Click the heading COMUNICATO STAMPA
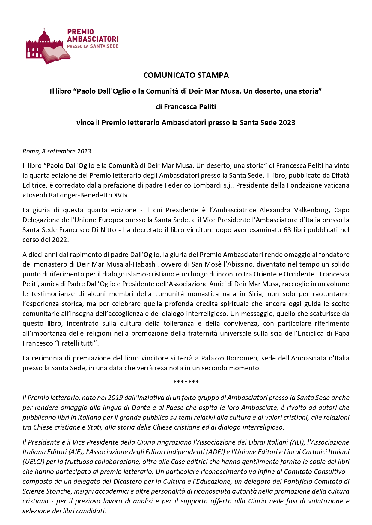coord(186,75)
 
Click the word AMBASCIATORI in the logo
coord(93,39)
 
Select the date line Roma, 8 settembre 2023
coord(57,151)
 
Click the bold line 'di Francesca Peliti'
coord(186,107)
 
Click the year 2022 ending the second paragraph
coord(60,240)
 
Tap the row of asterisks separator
coord(186,382)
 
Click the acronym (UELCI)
coord(33,462)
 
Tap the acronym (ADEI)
coord(211,452)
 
